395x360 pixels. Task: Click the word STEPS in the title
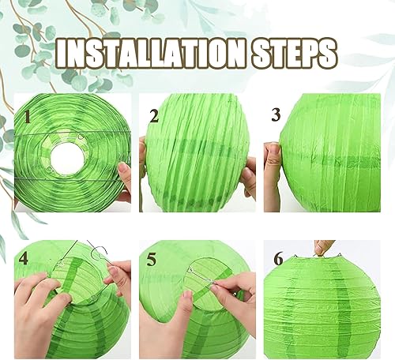click(294, 53)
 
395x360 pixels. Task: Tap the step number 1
click(27, 117)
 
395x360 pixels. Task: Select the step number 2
click(154, 116)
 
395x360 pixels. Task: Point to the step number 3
click(276, 114)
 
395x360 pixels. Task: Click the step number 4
click(24, 258)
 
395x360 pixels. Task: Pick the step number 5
click(151, 259)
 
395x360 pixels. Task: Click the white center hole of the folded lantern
click(68, 159)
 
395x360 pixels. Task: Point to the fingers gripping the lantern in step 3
click(273, 168)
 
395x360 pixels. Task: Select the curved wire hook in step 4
click(99, 250)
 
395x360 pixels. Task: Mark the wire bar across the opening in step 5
click(202, 276)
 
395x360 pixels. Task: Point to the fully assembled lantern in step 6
click(322, 306)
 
